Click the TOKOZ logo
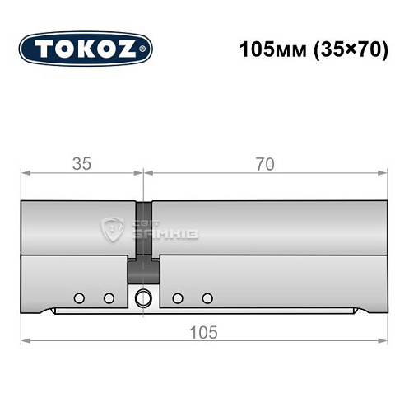86,49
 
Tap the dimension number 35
81,164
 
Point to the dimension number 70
264,164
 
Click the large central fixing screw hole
144,298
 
